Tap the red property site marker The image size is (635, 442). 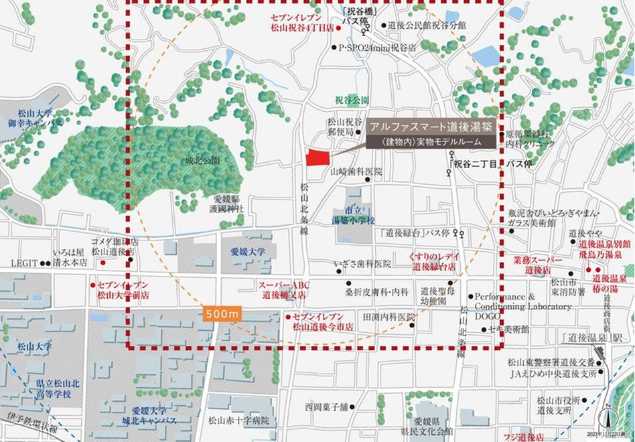coord(317,157)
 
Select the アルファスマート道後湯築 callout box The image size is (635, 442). coord(431,134)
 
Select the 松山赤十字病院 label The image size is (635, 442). coord(238,421)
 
